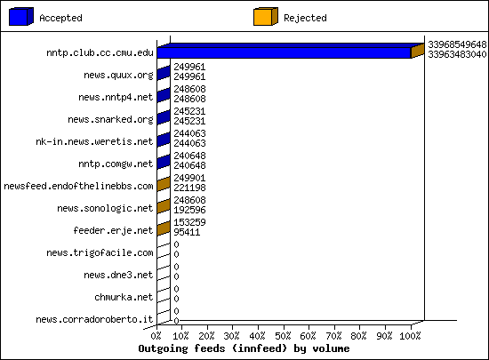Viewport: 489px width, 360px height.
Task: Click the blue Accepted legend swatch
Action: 21,17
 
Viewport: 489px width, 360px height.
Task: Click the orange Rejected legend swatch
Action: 266,17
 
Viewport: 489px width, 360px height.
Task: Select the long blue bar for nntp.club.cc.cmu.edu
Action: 284,52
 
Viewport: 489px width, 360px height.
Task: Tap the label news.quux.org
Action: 118,76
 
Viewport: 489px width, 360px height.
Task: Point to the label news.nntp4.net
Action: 116,97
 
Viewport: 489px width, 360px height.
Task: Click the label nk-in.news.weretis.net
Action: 94,141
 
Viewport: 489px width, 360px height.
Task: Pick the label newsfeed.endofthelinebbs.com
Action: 78,186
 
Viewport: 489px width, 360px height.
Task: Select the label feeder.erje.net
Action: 113,230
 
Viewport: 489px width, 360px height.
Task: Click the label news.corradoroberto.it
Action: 94,319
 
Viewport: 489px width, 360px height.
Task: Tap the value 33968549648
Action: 457,44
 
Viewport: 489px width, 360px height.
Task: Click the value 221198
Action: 189,188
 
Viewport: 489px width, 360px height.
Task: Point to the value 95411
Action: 187,232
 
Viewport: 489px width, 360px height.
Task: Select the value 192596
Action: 189,210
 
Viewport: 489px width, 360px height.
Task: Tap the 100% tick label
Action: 410,336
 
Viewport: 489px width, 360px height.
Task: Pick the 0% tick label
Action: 156,336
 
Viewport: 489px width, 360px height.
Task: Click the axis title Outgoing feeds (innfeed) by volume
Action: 244,348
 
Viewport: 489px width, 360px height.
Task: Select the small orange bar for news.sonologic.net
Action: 164,206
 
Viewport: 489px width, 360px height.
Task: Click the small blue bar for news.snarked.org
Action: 164,117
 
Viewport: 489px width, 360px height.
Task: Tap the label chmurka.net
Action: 124,297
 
